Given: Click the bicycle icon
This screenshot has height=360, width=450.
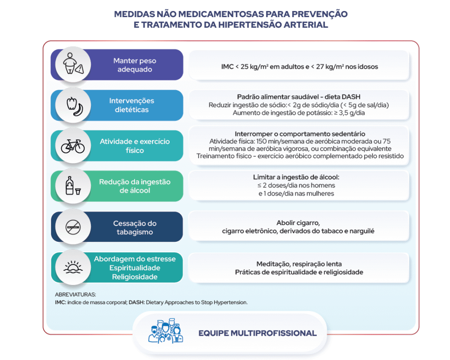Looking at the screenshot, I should point(73,146).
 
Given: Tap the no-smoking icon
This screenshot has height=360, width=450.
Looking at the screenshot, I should point(73,227).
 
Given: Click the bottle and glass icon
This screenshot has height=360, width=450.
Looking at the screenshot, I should point(73,186).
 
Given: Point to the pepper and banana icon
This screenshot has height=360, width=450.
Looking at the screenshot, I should point(73,105).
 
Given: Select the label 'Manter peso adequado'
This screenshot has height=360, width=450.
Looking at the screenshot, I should point(134,65).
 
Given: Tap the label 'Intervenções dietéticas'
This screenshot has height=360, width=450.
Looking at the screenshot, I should point(131,105).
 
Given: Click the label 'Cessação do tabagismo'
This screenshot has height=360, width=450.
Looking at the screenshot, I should point(134,228).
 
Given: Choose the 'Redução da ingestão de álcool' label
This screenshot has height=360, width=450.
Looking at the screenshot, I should point(134,186).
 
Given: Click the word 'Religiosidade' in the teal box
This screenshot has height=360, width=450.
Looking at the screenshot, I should point(134,277).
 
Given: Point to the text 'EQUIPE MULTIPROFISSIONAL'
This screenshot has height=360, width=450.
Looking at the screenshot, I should point(257,333).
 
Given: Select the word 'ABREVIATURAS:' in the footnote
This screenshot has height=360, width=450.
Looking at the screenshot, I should point(75,295).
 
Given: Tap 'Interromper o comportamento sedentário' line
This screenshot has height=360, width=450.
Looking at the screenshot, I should point(300,134).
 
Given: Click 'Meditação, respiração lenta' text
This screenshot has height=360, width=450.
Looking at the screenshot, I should point(299,264).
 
